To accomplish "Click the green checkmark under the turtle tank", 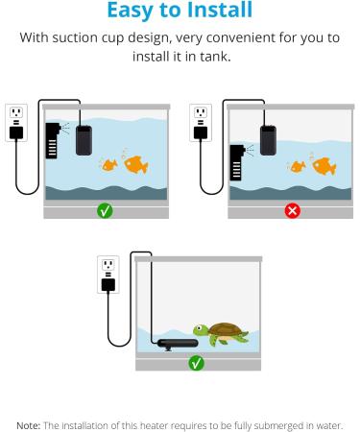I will (196, 363).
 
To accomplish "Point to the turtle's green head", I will (201, 328).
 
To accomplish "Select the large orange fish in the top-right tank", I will (324, 166).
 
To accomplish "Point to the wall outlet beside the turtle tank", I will (108, 270).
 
